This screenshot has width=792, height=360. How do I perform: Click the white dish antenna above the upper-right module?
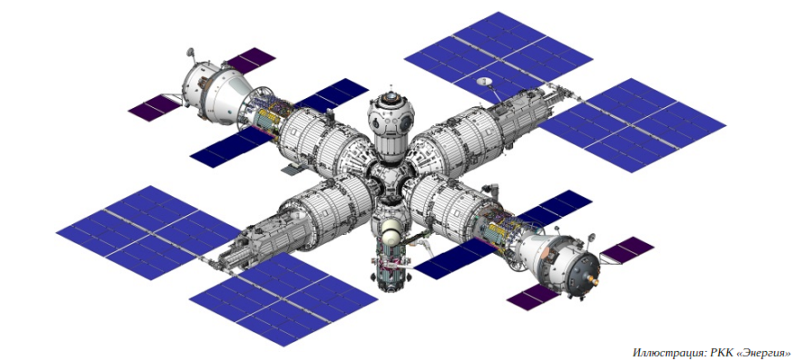[x=485, y=81]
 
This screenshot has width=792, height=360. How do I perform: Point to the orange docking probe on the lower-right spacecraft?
[x=594, y=278]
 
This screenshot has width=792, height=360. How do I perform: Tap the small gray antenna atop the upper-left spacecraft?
[x=191, y=51]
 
